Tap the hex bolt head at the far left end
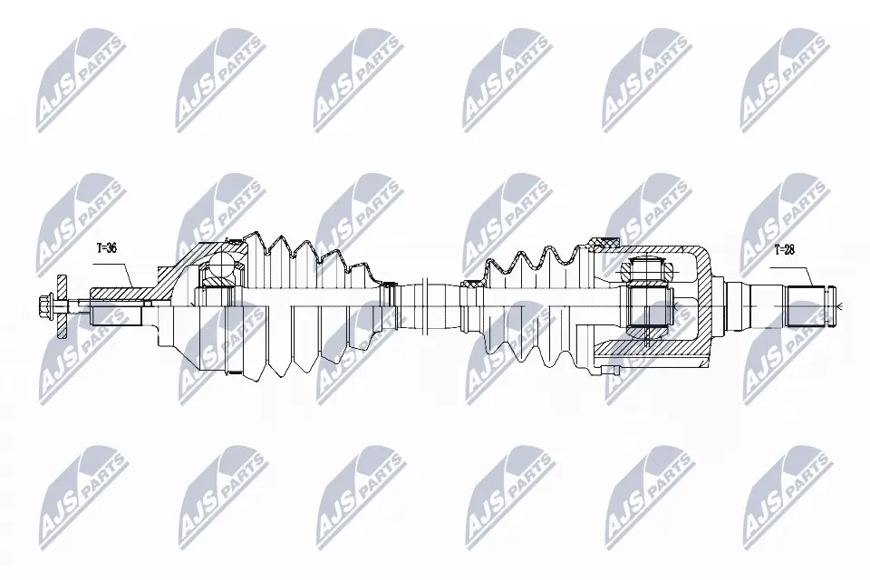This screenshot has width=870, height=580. [x=45, y=303]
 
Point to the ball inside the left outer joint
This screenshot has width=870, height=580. [x=218, y=267]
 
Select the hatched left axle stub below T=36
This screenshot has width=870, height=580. [x=118, y=294]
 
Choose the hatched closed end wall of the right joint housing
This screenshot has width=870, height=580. [x=703, y=299]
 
